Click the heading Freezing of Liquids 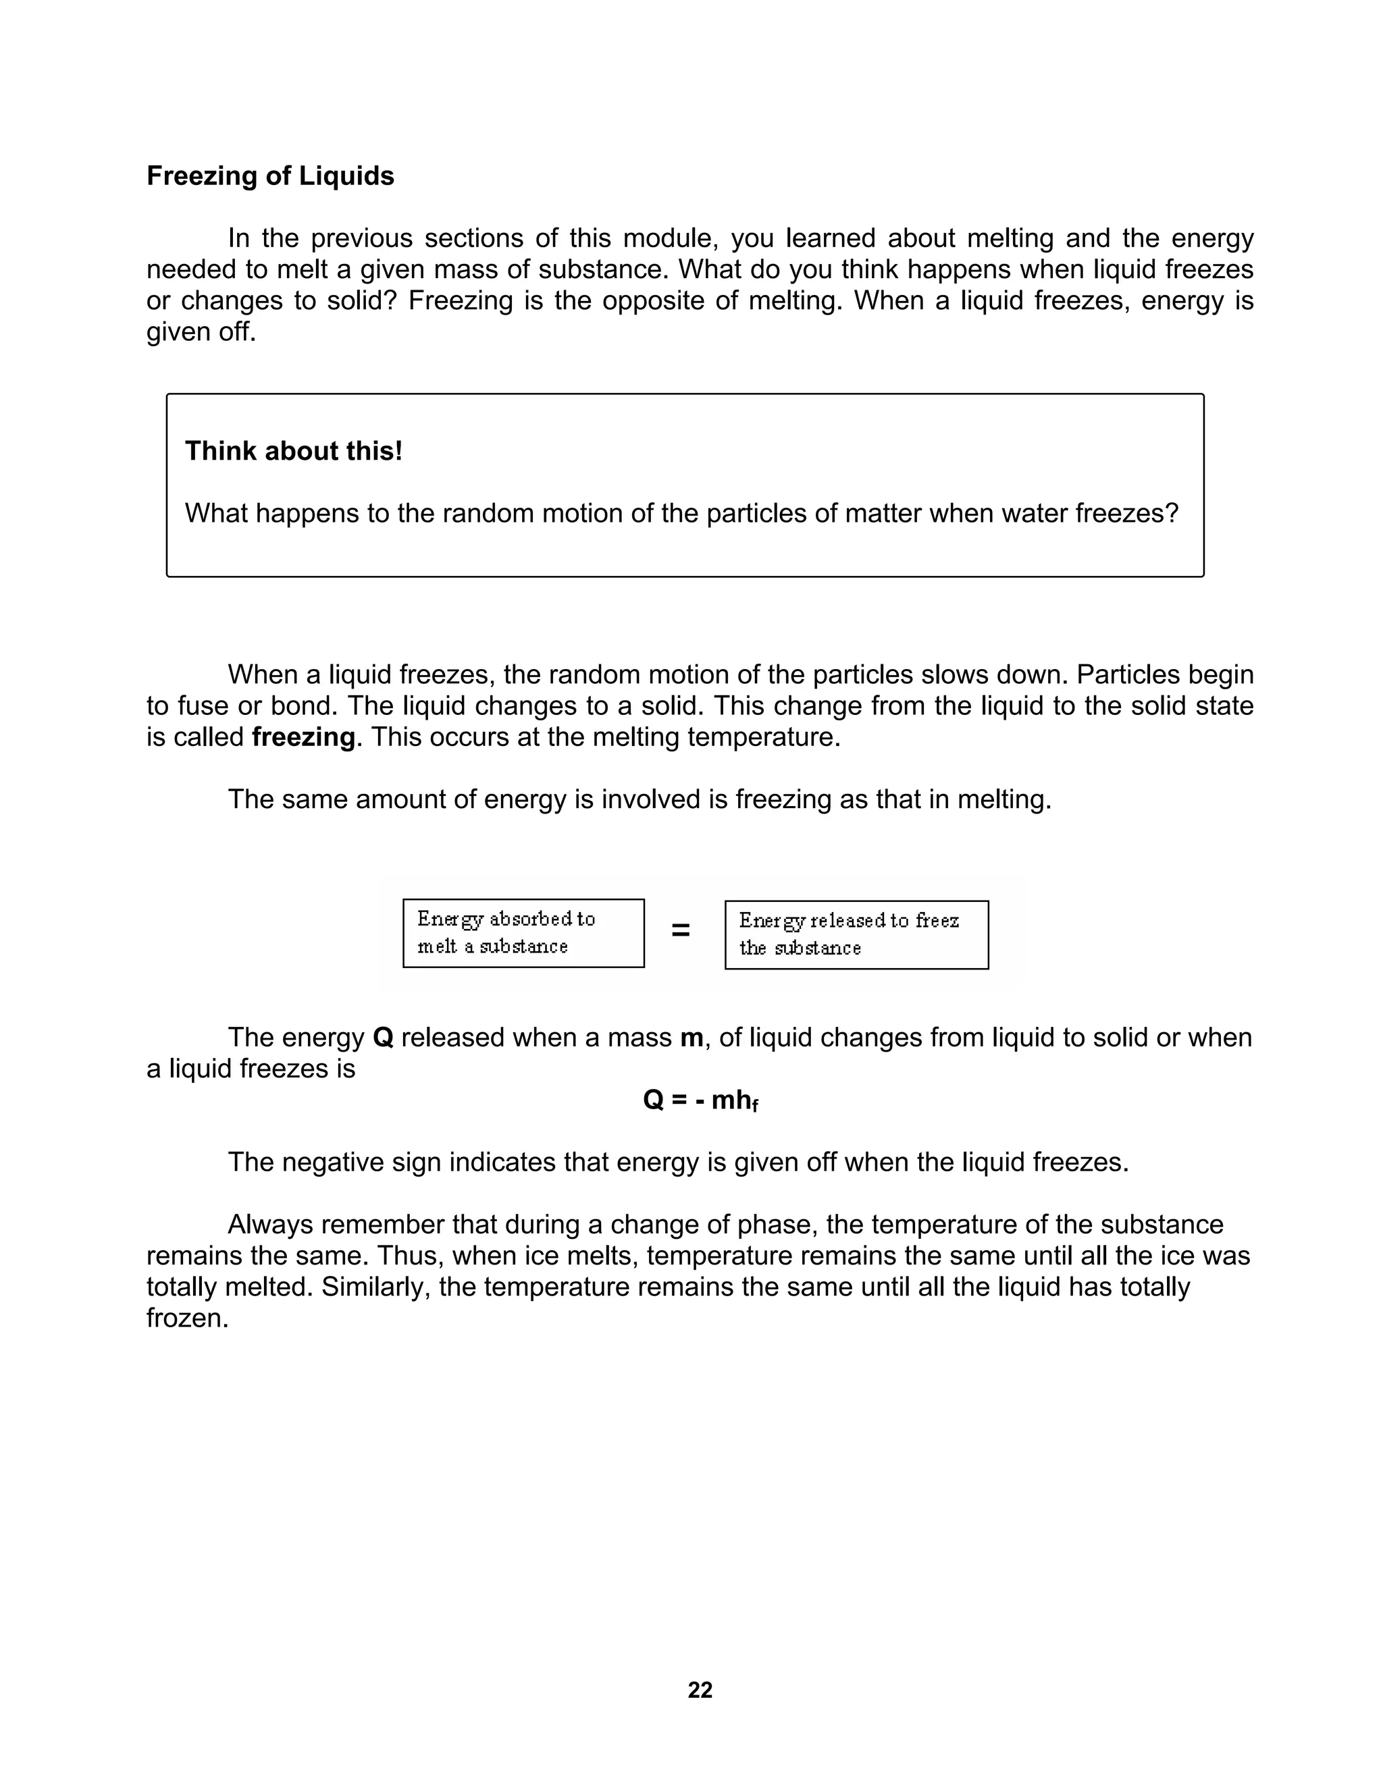pos(269,176)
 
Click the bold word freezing pos(303,737)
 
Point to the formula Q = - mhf pos(700,1100)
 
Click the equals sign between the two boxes pos(680,930)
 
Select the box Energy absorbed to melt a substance pos(523,933)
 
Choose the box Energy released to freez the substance pos(856,934)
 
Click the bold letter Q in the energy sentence pos(383,1037)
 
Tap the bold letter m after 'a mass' pos(691,1038)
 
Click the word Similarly pos(373,1287)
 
